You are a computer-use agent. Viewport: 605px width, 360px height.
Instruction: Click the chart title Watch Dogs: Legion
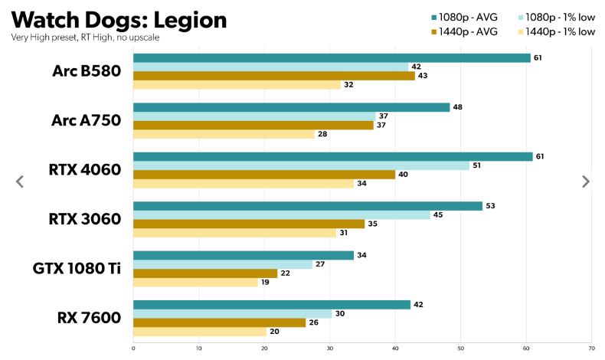tap(119, 19)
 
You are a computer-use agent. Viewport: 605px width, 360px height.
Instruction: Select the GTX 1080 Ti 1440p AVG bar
tap(205, 273)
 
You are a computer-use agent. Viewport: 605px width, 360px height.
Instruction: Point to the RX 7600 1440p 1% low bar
tap(200, 332)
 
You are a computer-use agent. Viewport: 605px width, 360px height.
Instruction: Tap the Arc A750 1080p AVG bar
tap(291, 107)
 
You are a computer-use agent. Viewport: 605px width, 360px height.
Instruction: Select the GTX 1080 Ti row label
tap(77, 268)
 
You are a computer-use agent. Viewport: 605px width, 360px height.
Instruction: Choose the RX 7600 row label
tap(88, 316)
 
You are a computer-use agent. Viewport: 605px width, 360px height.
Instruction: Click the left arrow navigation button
tap(20, 182)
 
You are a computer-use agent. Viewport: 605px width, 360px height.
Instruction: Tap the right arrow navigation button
tap(586, 182)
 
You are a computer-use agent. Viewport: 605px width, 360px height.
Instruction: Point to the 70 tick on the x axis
tap(590, 348)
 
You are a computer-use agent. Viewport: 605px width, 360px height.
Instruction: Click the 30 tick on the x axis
tap(330, 348)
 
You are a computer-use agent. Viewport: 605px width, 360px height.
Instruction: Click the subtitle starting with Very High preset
tap(85, 37)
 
